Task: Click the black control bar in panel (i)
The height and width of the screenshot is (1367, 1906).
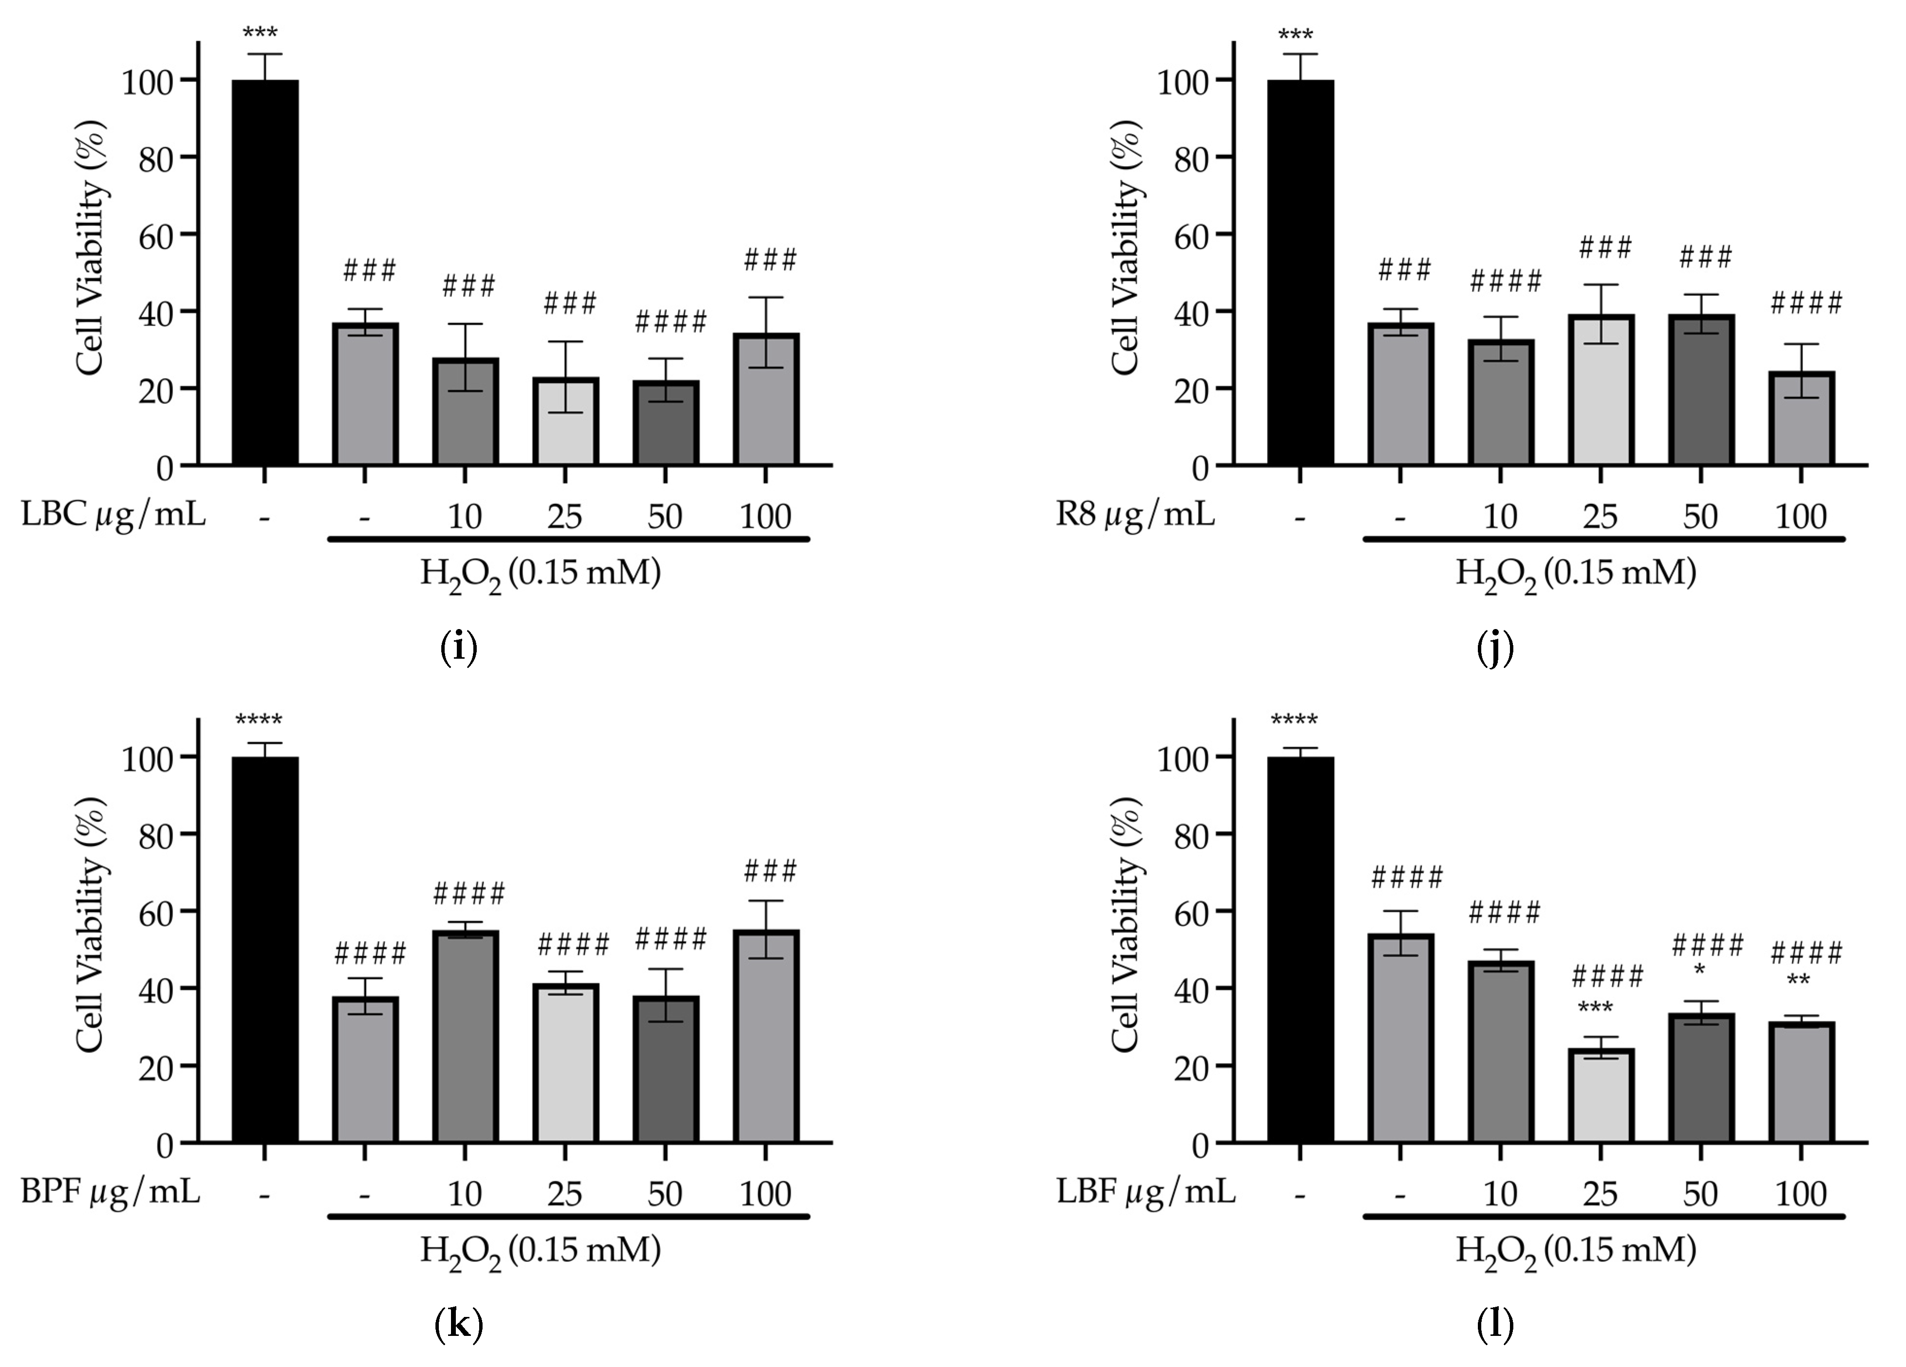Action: click(x=265, y=273)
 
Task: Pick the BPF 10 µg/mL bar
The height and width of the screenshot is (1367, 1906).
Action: click(x=465, y=1036)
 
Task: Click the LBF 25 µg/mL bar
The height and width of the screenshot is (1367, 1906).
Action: click(x=1600, y=1095)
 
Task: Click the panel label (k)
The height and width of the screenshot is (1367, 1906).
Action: click(x=459, y=1325)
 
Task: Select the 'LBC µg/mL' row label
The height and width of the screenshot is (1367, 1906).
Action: click(x=113, y=514)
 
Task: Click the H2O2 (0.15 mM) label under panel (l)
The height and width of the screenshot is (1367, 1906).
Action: click(x=1576, y=1251)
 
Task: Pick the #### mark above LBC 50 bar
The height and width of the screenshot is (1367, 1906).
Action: click(x=671, y=321)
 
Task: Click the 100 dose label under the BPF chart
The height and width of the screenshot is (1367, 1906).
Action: click(x=765, y=1194)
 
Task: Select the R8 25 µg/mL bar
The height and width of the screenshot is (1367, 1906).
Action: click(x=1600, y=391)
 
